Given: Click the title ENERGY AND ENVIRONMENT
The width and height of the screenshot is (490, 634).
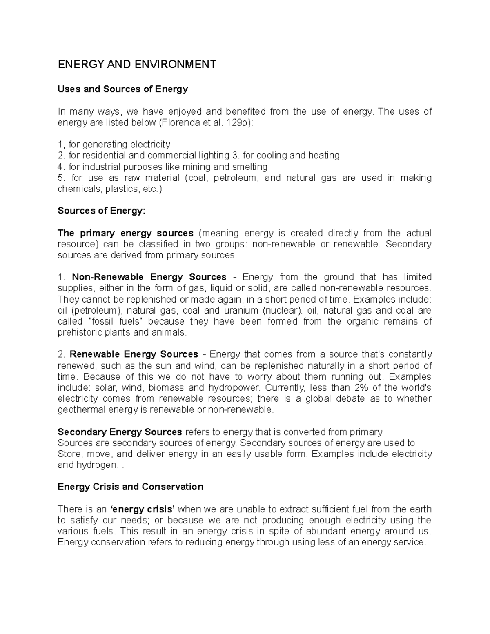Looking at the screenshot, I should pos(137,65).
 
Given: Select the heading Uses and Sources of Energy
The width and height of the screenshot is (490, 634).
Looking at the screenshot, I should pos(122,89).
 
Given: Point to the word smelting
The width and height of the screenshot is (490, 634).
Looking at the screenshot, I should pos(249,167).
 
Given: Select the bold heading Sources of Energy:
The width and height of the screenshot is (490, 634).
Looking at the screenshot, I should pos(101,211).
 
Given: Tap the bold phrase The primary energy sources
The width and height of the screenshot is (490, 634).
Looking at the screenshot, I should pos(125,234).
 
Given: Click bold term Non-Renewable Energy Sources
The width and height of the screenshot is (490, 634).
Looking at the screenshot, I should pos(149,277).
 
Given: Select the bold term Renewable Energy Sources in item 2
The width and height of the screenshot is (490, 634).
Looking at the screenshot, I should pos(134,354).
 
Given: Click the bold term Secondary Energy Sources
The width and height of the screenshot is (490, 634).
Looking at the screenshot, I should pos(120,432).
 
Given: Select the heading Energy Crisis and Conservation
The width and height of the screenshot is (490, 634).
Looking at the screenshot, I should pos(130,487).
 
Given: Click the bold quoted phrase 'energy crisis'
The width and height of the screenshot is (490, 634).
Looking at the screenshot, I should pos(143,509).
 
